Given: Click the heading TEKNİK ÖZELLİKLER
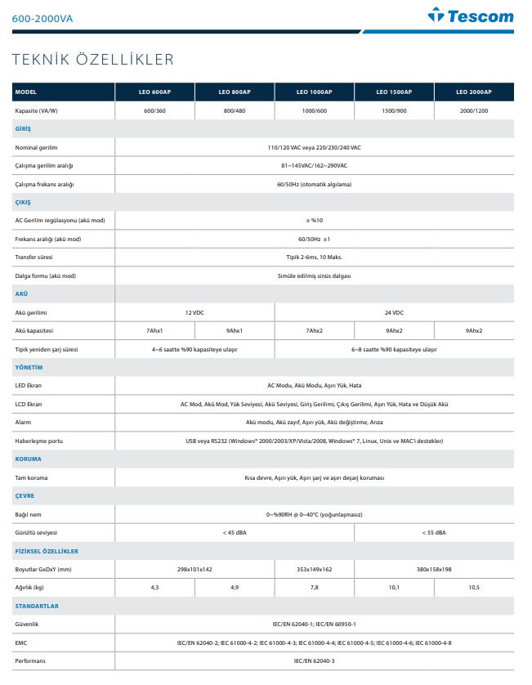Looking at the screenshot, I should click(92, 59).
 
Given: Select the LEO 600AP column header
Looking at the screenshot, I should click(154, 92).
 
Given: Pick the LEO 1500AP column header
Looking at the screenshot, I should click(395, 92).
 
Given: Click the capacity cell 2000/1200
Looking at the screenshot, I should click(473, 110).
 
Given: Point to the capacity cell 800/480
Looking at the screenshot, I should click(235, 110).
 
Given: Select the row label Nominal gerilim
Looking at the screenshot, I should click(38, 147).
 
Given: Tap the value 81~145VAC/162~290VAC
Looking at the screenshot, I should click(314, 166).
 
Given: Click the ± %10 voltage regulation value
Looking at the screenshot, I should click(314, 221).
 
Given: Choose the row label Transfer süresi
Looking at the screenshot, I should click(34, 257).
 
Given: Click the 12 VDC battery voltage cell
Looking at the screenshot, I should click(194, 313).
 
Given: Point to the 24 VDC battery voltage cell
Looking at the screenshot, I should click(393, 313).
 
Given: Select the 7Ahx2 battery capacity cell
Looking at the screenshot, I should click(314, 331).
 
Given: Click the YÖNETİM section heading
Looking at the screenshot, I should click(29, 368).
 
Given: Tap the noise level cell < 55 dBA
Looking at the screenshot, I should click(433, 533).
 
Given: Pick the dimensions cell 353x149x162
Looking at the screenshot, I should click(314, 570).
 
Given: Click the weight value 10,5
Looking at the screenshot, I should click(473, 588).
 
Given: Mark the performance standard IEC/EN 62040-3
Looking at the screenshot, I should click(314, 660).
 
